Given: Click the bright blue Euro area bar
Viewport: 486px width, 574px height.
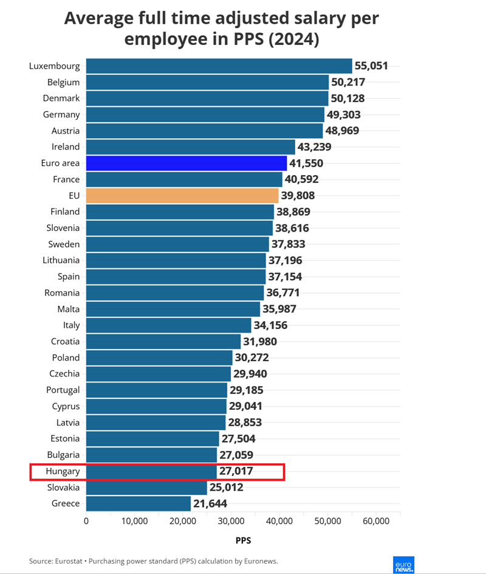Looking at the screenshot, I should (186, 163).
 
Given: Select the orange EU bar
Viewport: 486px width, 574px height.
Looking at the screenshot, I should (182, 195).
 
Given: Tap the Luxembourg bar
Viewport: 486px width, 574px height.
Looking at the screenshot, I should (219, 66).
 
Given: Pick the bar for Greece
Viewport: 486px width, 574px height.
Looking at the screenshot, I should (138, 503).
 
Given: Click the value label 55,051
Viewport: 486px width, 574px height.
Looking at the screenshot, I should (371, 66).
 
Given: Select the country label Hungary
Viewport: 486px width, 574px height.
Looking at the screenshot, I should (63, 471).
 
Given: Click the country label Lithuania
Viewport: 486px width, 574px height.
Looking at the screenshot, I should (61, 260).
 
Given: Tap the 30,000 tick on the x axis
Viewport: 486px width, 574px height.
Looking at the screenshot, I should (231, 521).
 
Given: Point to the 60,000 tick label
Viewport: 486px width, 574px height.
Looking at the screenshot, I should (375, 521).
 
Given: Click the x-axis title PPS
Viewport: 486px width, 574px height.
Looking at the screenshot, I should (243, 539).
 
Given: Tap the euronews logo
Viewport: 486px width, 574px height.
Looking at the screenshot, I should (404, 564).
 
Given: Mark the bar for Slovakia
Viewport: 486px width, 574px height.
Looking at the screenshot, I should (146, 487).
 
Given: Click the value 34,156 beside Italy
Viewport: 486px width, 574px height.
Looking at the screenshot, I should (270, 325).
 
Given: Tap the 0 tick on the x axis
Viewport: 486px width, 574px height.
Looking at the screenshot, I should (86, 521).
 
